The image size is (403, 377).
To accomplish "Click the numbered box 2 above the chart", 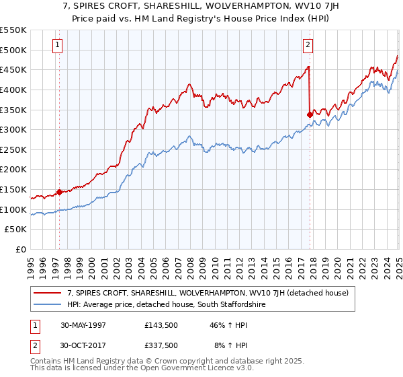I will coord(308,46).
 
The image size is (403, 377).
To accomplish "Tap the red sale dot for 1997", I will coord(59,192).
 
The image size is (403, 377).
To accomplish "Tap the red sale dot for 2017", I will coord(310,114).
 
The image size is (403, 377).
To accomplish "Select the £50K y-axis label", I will coord(15,230).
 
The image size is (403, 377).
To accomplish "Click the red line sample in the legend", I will coord(48,293).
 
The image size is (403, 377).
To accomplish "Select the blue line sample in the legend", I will coord(48,305).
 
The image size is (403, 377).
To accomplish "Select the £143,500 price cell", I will coord(161,324).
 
